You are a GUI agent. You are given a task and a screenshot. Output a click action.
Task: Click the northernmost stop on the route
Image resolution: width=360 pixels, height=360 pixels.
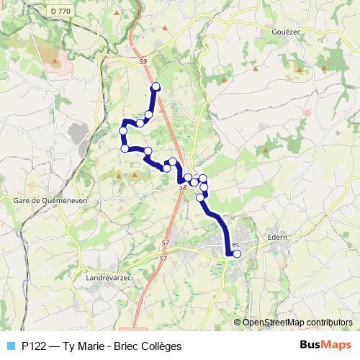(155, 88)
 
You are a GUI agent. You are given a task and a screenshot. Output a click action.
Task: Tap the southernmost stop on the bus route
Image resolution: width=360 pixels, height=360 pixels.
(237, 253)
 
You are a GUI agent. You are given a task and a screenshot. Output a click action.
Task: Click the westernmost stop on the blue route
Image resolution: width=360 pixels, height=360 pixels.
(123, 130)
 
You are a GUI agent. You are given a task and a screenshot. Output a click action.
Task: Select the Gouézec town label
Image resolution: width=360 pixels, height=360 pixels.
(290, 32)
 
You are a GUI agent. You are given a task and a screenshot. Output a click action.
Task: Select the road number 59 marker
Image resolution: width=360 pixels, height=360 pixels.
(143, 62)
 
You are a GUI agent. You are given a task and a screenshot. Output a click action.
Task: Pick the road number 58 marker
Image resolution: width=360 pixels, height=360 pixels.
(182, 187)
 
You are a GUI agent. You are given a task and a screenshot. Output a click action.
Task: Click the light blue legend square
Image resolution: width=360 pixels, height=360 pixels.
(10, 346)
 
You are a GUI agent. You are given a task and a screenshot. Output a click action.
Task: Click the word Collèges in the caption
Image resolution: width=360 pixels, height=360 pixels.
(161, 346)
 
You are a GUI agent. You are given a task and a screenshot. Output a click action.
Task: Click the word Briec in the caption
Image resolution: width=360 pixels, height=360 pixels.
(125, 346)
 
